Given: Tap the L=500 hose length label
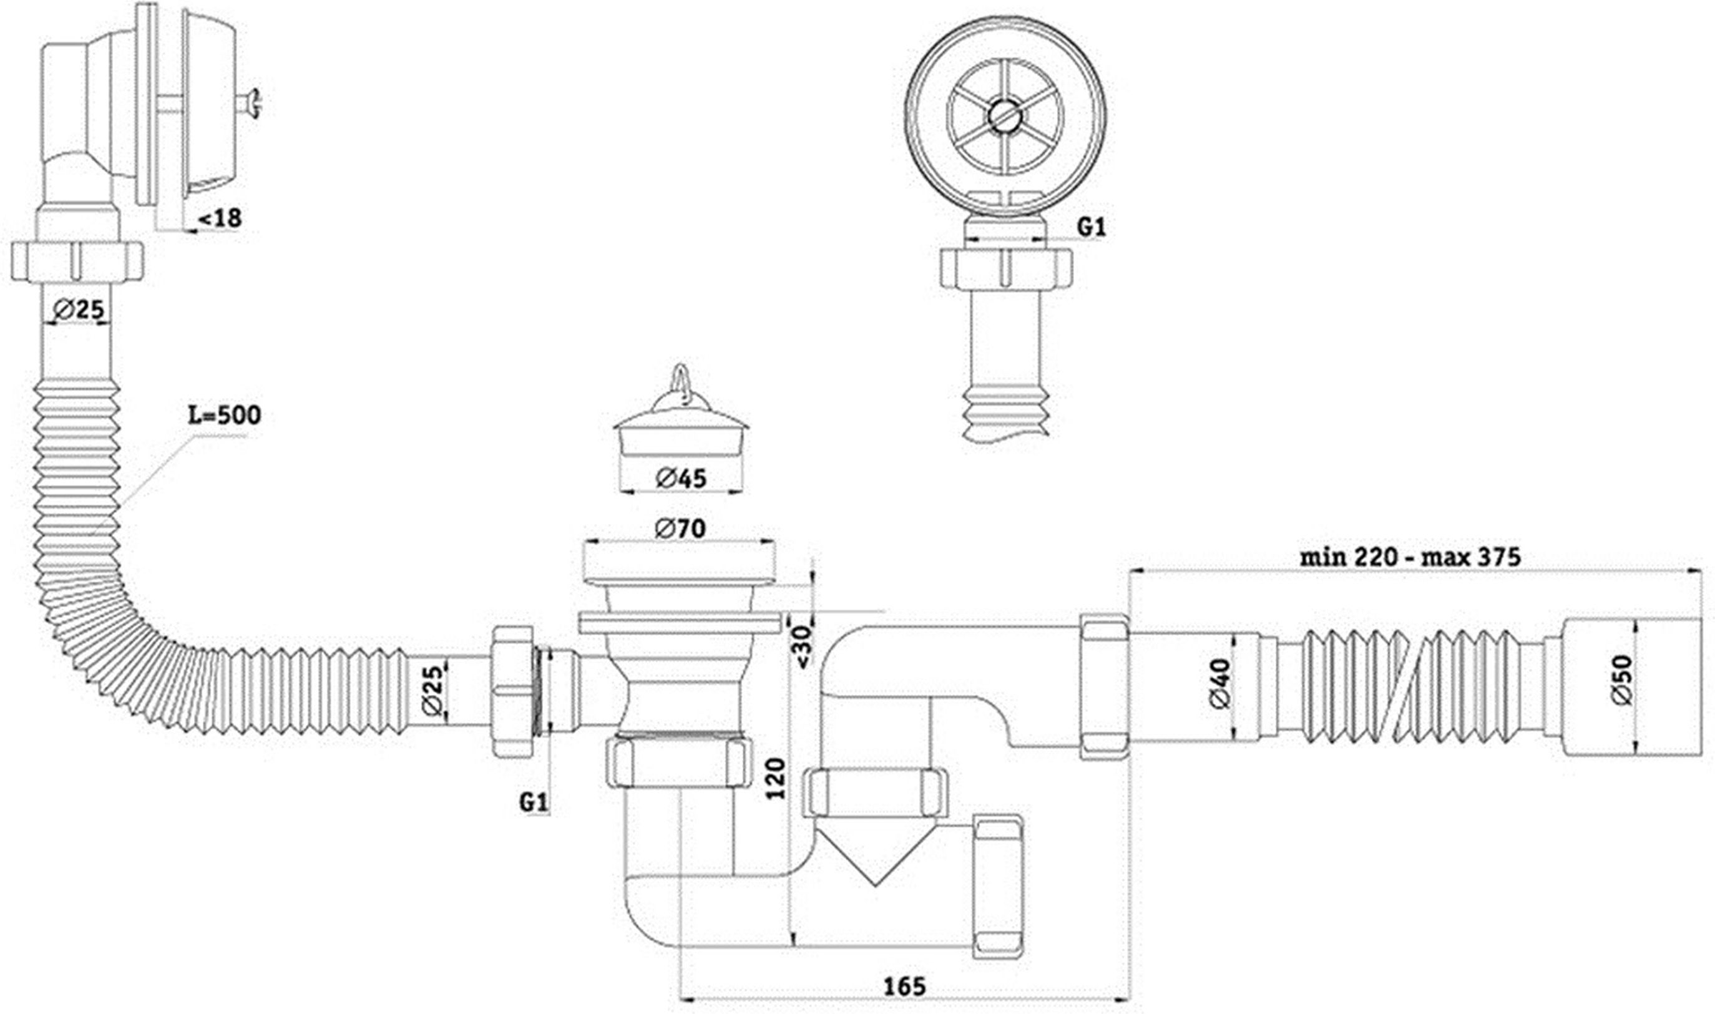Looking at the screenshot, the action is [224, 415].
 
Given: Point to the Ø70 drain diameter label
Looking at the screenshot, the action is [680, 527].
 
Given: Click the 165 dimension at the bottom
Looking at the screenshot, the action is [905, 986].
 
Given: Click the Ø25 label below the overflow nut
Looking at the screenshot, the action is [79, 310].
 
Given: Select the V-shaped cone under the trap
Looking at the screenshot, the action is [875, 850].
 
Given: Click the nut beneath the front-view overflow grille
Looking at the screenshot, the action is [1006, 268].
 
